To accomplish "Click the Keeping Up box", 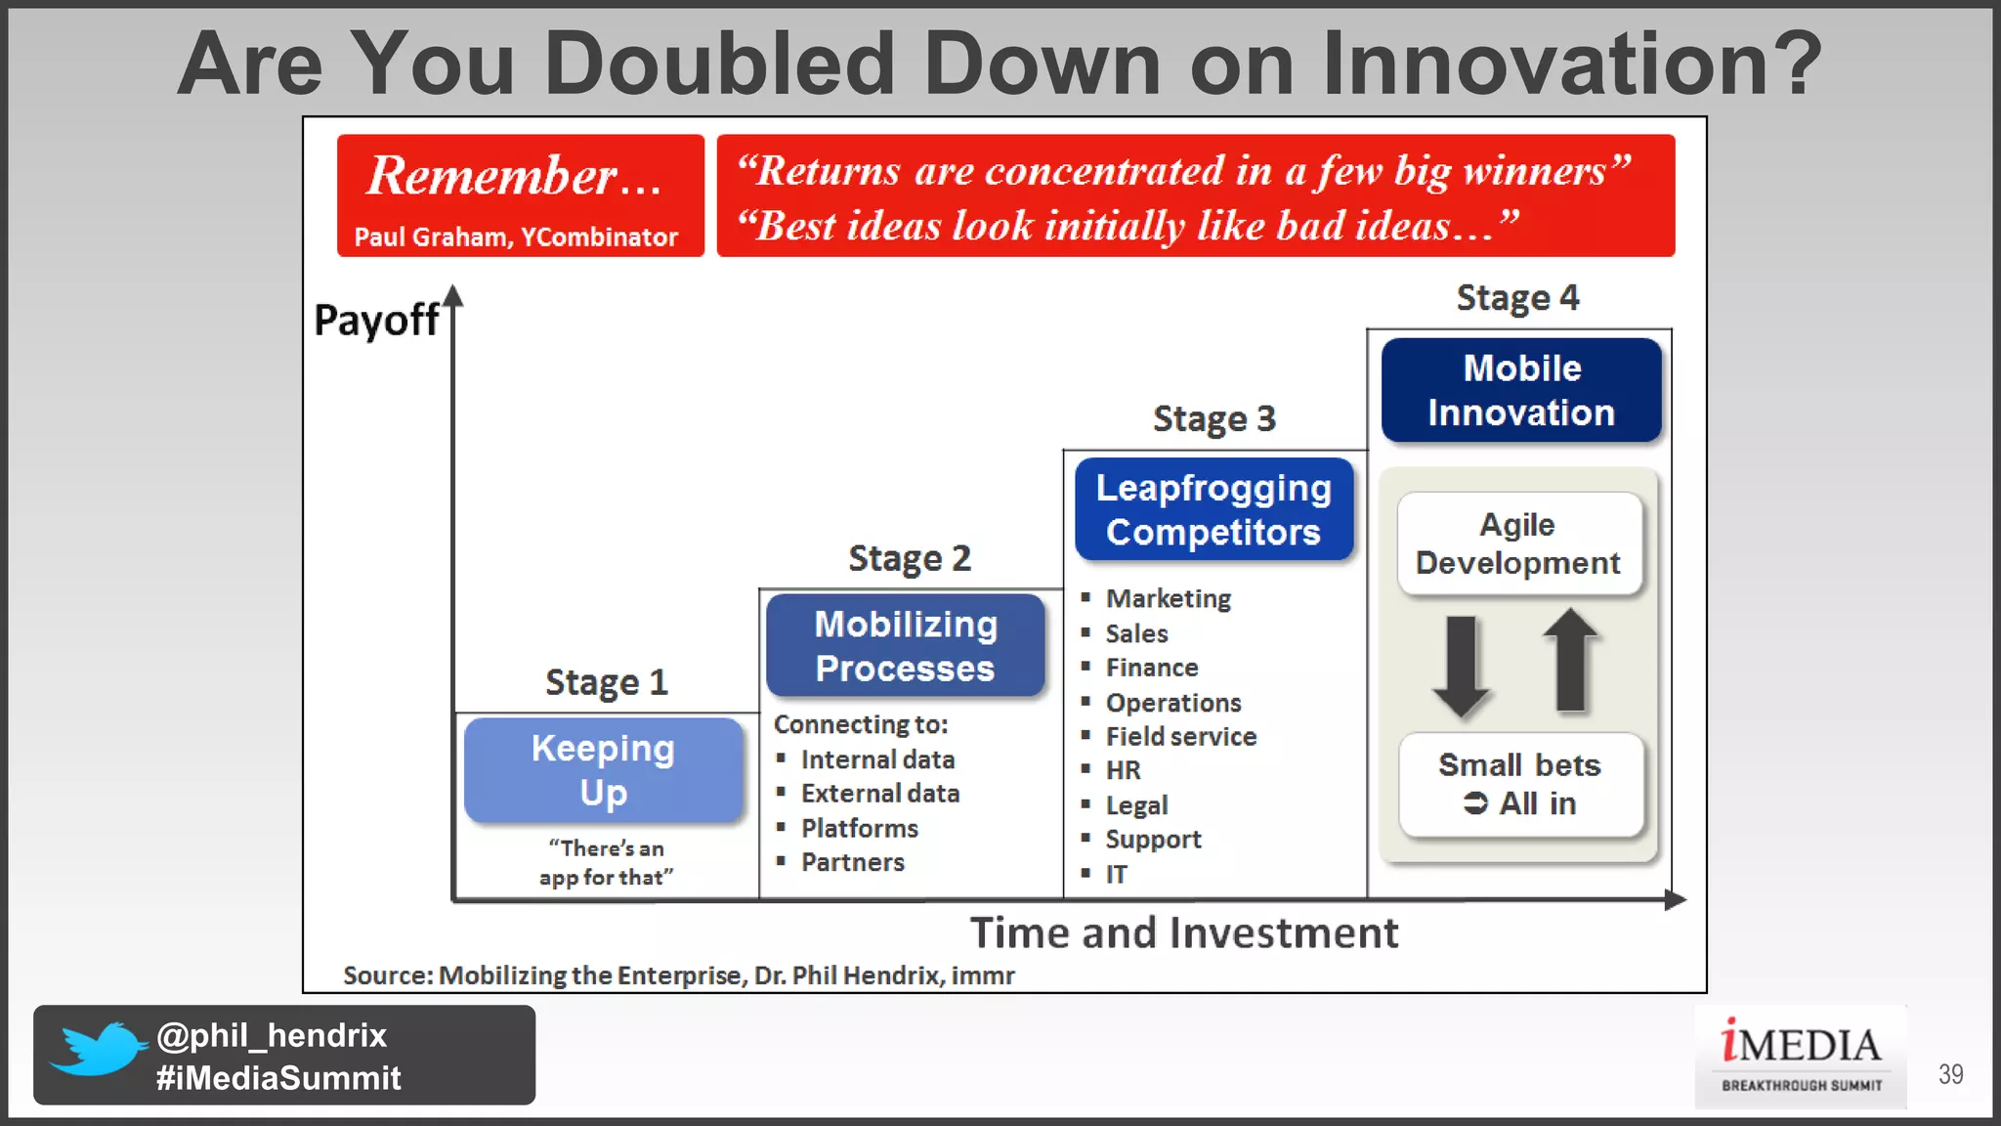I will [x=603, y=769].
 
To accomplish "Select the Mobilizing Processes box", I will [x=906, y=645].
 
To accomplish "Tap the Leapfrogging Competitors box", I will [x=1213, y=509].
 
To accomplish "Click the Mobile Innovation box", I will [x=1520, y=390].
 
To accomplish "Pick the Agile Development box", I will [x=1518, y=543].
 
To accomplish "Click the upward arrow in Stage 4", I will [x=1571, y=661].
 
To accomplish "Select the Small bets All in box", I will [x=1520, y=784].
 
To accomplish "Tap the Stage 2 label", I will [x=909, y=558].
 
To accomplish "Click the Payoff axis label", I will [x=376, y=320].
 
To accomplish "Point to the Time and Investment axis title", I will [x=1183, y=932].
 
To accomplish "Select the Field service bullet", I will [x=1180, y=736].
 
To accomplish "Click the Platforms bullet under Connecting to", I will [x=859, y=828].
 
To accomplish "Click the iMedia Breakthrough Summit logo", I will [x=1800, y=1056].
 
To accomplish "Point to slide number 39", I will [x=1950, y=1074].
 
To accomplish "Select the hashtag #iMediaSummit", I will [x=278, y=1077].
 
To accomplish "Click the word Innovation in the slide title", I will [x=1571, y=64].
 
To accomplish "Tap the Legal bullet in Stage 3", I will [x=1136, y=804].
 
